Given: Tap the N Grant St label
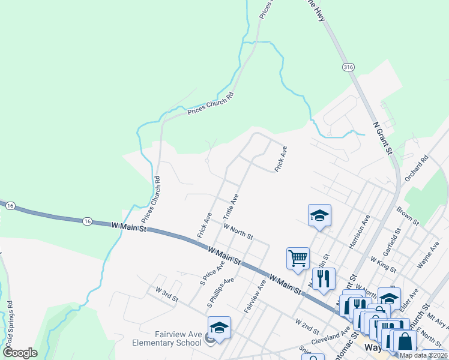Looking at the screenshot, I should [382, 138].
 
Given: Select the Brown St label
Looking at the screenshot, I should [408, 216].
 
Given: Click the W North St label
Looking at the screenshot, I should [238, 230].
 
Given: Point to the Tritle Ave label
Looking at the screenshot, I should [231, 206].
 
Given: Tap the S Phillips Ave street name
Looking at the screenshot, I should [220, 293].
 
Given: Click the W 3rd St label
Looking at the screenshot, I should [167, 295].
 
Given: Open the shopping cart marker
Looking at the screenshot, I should [298, 259].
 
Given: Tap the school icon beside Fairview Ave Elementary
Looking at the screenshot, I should [219, 328].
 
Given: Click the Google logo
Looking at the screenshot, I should [20, 353].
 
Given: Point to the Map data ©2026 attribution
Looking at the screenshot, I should [423, 355].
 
